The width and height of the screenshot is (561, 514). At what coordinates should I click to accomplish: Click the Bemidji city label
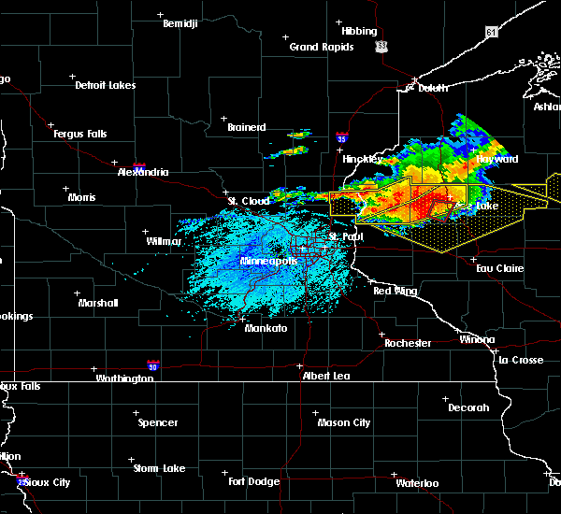pos(180,23)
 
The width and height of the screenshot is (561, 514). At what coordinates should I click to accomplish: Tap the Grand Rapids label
pos(321,47)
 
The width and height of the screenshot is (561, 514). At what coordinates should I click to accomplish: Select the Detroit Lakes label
pos(105,85)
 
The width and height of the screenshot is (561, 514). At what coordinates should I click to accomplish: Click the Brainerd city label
pos(246,127)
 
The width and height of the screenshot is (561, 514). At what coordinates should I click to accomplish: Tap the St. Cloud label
pos(249,201)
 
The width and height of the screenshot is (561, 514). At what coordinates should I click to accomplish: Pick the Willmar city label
pos(164,241)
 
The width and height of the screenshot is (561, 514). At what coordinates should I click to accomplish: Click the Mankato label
pos(266,328)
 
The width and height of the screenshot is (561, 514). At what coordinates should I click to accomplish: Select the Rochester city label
pos(409,343)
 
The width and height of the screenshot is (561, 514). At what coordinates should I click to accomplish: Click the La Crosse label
pos(521,360)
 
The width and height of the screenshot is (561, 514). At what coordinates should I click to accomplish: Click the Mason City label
pos(343,422)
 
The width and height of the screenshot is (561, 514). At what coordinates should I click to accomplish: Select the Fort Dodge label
pos(254,480)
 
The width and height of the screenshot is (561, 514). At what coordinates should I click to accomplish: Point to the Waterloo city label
pos(416,483)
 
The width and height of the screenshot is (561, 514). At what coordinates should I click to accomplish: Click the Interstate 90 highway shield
pos(152,365)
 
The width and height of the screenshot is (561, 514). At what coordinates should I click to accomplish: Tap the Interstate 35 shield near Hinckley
pos(343,136)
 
